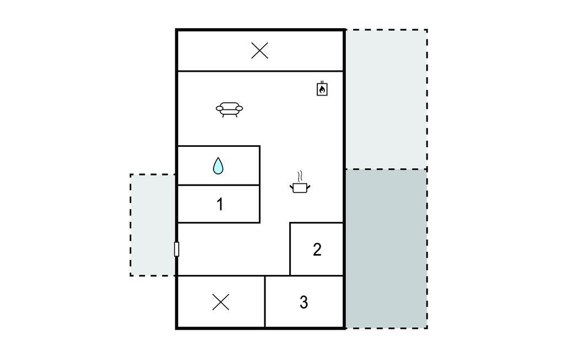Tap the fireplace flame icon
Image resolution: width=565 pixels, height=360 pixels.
(x=322, y=89)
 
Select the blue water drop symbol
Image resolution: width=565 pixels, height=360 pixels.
(x=218, y=166)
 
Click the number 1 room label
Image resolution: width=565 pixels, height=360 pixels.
(x=220, y=204)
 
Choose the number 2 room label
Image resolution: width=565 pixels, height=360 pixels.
(x=317, y=250)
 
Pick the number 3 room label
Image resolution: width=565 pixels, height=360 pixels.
(x=304, y=302)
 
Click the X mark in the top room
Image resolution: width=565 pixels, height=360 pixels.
(x=259, y=50)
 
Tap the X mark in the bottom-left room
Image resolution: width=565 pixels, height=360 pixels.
(x=221, y=302)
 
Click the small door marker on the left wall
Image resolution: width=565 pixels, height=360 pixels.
(x=177, y=249)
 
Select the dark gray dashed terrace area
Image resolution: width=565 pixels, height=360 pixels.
(x=386, y=248)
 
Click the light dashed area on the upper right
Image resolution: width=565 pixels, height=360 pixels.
(x=386, y=99)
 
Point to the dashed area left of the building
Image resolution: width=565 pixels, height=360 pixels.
(x=153, y=225)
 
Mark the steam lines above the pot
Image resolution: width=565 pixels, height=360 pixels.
(x=300, y=176)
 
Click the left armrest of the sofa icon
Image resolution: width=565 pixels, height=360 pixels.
(x=220, y=108)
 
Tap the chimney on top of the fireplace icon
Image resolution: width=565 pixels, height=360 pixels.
(x=322, y=83)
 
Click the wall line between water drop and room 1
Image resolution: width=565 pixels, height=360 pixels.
(x=219, y=185)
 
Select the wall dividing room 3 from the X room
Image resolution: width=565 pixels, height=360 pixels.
(x=265, y=301)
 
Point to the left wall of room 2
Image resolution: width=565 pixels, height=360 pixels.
(x=290, y=249)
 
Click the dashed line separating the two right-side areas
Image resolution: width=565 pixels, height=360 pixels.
(x=386, y=169)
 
